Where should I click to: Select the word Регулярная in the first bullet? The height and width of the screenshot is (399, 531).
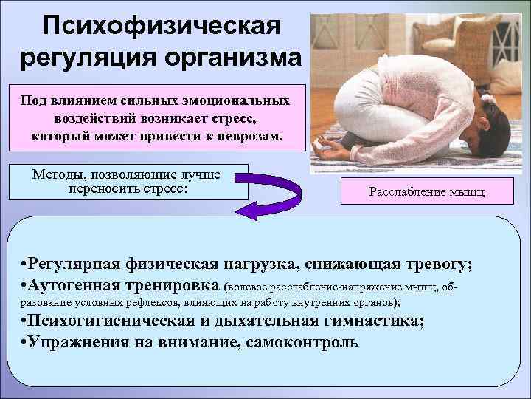(x=82, y=264)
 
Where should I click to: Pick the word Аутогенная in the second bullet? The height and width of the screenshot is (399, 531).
(x=77, y=284)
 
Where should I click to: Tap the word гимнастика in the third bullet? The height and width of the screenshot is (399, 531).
(x=360, y=321)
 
